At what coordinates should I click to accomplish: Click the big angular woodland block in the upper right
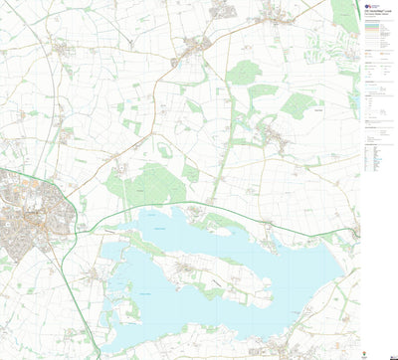(x=298, y=104)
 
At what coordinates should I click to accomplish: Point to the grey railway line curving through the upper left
(x=45, y=60)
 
